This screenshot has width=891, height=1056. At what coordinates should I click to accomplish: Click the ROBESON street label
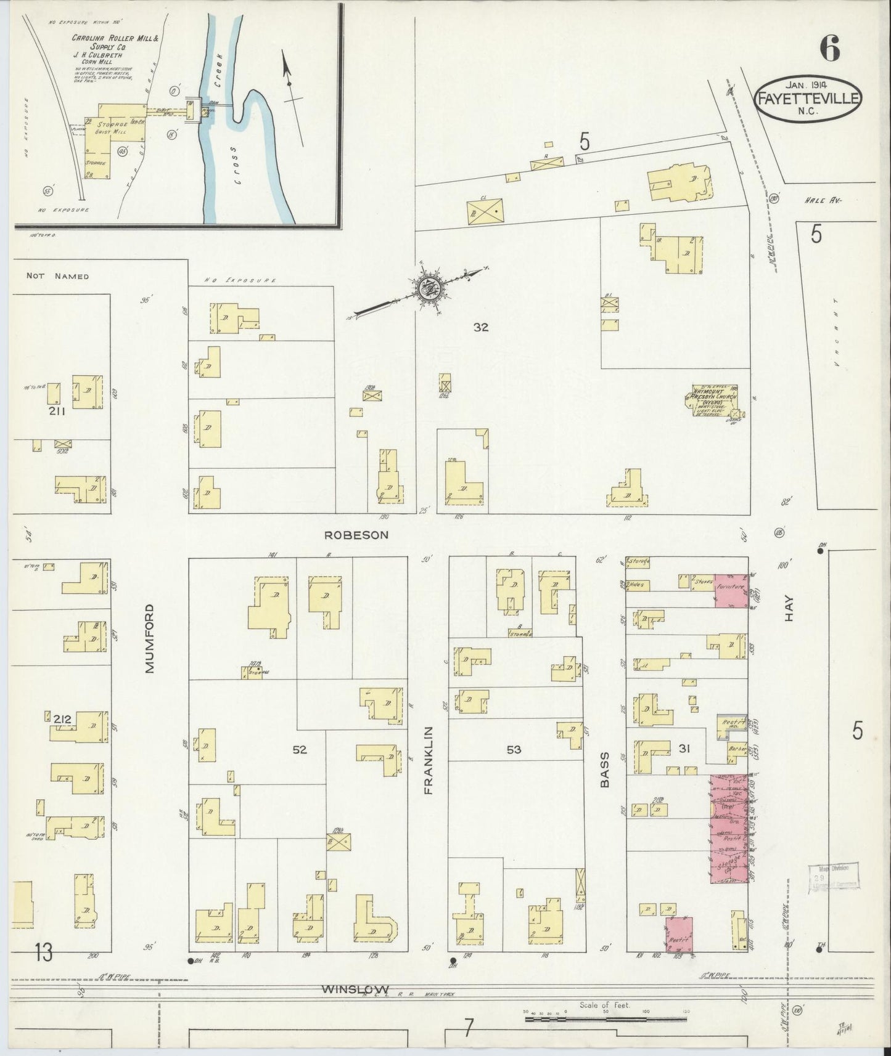[356, 535]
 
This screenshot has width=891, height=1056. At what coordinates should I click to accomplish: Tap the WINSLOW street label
[347, 989]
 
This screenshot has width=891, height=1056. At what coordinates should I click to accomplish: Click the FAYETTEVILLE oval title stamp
[807, 99]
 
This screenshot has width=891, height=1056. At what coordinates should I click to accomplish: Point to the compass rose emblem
[428, 288]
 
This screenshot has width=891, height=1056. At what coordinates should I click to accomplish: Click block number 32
[480, 327]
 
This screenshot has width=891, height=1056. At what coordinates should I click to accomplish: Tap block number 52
[300, 749]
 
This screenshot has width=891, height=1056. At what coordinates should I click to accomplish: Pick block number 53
[514, 749]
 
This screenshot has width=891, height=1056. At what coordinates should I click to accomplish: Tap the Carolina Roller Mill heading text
[115, 42]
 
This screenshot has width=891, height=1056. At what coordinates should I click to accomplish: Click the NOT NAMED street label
[57, 276]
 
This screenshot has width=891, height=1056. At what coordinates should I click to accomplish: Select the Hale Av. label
[823, 200]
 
